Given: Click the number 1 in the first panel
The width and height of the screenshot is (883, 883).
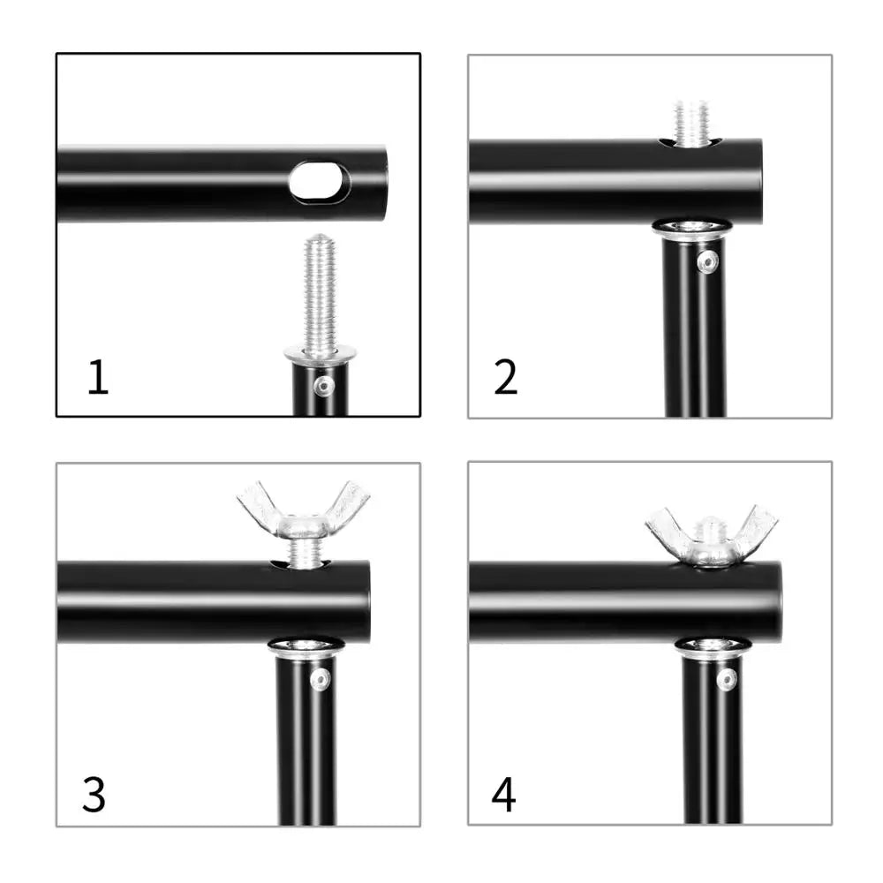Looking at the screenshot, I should click(98, 377).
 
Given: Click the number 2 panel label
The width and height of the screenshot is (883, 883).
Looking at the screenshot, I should click(505, 377).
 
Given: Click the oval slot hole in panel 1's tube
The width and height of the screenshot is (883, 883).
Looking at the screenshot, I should click(318, 181).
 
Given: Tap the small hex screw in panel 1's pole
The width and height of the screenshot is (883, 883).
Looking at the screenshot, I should click(325, 385).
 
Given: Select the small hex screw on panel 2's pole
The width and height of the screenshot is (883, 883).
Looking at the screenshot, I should click(707, 261).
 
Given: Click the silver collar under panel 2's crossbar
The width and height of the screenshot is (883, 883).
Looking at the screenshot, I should click(691, 229).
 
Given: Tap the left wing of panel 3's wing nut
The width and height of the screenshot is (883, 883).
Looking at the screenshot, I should click(258, 504).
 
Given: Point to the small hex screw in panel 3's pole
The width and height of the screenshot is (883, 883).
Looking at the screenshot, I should click(320, 679).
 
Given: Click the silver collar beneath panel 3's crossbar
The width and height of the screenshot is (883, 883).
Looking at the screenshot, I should click(305, 647).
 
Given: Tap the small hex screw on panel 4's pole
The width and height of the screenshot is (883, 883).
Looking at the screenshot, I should click(726, 679).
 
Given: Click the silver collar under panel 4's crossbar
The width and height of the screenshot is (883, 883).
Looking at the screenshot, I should click(712, 647).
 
